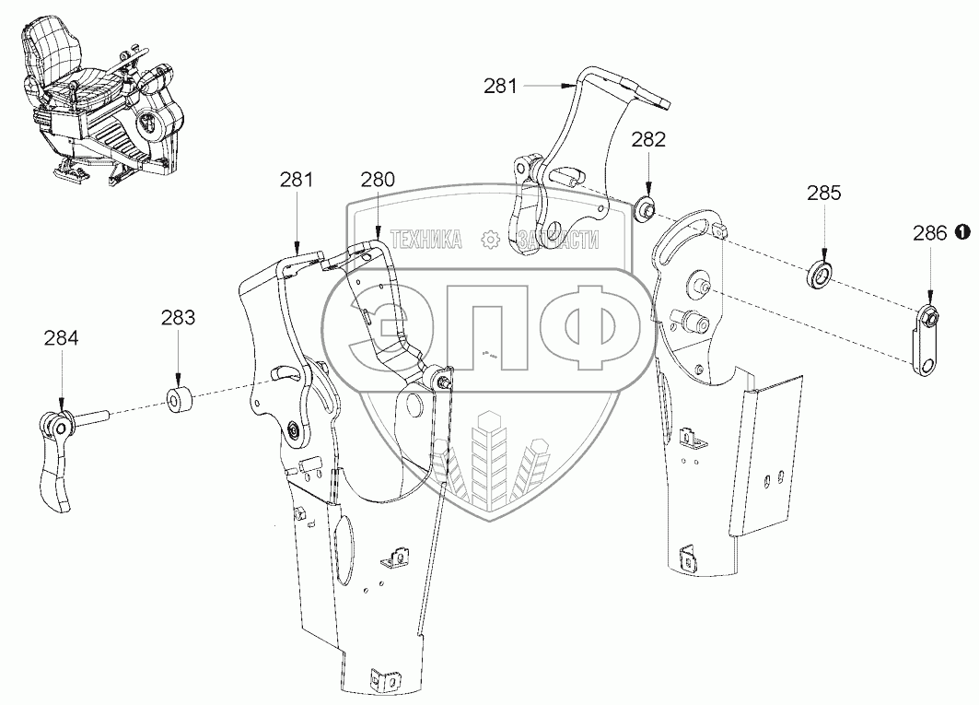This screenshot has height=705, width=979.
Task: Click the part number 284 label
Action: pos(61,338)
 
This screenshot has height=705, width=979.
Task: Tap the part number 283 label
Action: pos(178,319)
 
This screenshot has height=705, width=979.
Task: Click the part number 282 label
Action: pos(648,140)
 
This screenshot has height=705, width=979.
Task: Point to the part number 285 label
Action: pos(823,194)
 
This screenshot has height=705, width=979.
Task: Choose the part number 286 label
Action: pos(930,233)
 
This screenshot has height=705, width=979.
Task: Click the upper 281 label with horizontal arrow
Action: pos(501,87)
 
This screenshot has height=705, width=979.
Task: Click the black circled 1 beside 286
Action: pos(962,232)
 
